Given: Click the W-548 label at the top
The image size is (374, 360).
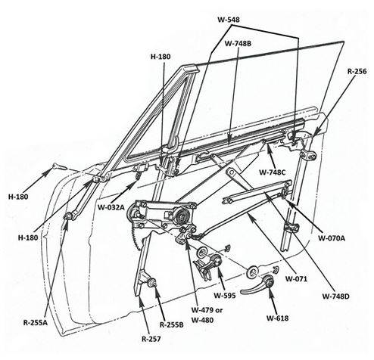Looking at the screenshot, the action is tap(229, 20).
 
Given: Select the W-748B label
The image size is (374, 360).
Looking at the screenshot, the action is tap(238, 44).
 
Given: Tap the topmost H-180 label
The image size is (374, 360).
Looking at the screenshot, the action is tap(161, 57).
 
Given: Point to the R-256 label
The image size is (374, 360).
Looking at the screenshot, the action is tap(357, 71).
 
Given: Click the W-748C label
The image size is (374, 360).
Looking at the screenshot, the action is tap(273, 172).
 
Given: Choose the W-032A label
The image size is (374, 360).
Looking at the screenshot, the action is tap(111, 207).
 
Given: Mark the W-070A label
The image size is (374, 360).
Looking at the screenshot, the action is tap(332, 238).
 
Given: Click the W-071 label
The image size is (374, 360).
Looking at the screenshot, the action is tap(296, 279).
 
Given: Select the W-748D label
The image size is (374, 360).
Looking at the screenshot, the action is tap(335, 296).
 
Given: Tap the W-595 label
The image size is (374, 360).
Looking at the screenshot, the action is tap(225, 295).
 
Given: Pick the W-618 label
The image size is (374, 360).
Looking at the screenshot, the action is tap(277, 318).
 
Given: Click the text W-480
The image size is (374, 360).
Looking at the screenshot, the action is tap(202, 320).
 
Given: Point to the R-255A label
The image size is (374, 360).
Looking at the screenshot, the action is tap(36, 323).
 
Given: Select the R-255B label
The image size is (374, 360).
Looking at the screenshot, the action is tap(172, 325).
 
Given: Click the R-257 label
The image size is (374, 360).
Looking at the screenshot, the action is tap(151, 339).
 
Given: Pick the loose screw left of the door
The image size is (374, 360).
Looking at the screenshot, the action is tap(60, 166).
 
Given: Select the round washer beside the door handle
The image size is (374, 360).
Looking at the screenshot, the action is tap(252, 272).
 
